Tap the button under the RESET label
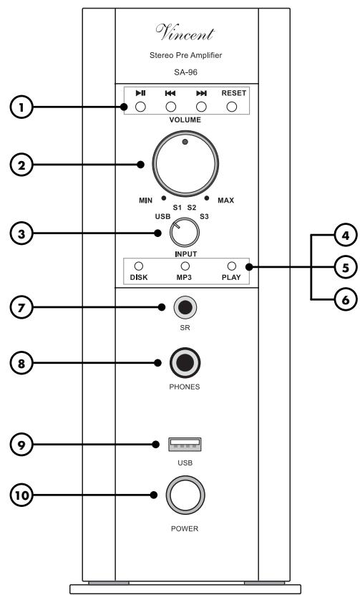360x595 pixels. (x=231, y=108)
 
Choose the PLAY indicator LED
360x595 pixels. (x=231, y=266)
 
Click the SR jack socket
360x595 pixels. (x=185, y=308)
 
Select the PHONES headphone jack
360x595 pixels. (x=185, y=363)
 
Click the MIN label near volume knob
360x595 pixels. (x=145, y=200)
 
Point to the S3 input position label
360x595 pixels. (x=205, y=216)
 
